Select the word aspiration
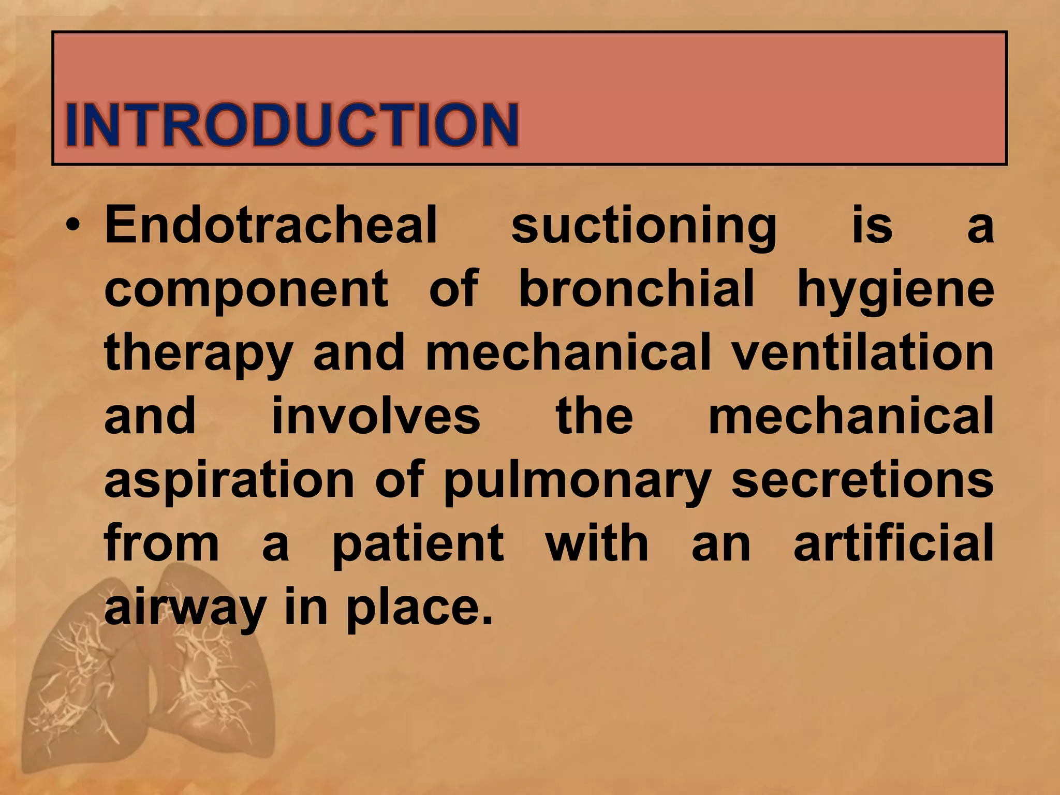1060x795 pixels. [229, 481]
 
